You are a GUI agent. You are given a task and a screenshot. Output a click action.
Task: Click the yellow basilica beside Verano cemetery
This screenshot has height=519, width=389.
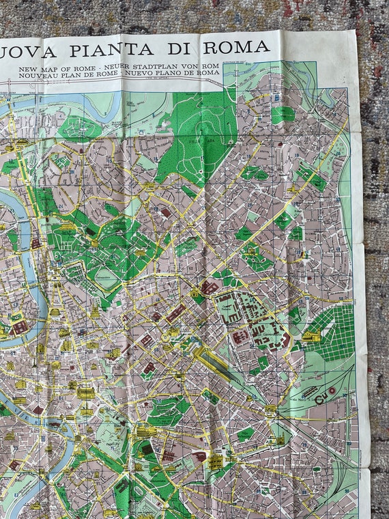[x=311, y=337]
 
